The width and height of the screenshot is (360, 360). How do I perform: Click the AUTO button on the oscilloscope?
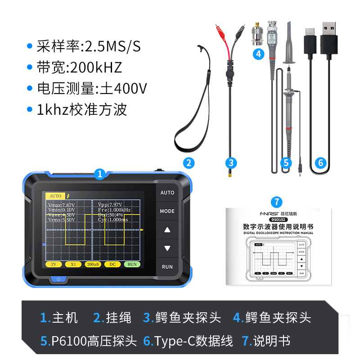tap(167, 193)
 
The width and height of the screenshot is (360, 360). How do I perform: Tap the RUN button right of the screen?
tap(167, 266)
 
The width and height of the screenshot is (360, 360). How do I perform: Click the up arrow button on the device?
tap(167, 230)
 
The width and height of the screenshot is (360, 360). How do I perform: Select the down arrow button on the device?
tap(167, 248)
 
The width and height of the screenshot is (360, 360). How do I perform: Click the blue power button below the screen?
tap(58, 279)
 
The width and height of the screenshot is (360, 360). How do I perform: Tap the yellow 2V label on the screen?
tap(54, 264)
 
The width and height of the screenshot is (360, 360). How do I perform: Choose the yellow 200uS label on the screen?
tap(93, 264)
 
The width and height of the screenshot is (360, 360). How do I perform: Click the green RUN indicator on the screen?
tap(132, 264)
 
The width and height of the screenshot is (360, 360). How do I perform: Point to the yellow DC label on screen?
tap(112, 264)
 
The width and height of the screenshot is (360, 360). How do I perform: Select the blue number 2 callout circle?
tap(189, 163)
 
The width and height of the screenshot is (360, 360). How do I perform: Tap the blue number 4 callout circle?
tap(258, 54)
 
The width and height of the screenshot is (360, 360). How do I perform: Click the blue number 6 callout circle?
tap(321, 162)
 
